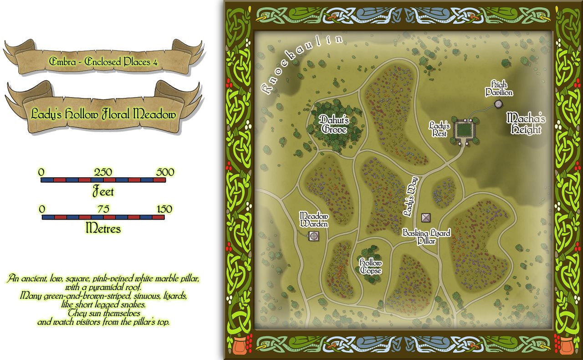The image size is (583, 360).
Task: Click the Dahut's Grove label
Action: (x=333, y=124)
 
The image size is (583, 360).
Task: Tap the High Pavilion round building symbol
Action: (x=498, y=104)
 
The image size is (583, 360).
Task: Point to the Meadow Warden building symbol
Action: (x=313, y=236)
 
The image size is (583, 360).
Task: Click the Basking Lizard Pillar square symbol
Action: (x=426, y=217)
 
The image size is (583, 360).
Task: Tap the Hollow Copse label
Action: (x=370, y=267)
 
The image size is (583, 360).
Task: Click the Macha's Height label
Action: (x=526, y=123)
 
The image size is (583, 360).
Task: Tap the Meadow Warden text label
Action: (x=313, y=219)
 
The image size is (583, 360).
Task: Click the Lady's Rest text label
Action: (x=440, y=129)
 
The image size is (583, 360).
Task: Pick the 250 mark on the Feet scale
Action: (x=103, y=172)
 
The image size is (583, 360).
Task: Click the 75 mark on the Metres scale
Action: (x=103, y=209)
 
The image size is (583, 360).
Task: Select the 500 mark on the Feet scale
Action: (x=165, y=172)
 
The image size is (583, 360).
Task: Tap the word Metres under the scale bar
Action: (x=103, y=228)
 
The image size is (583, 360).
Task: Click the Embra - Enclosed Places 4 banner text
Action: (x=103, y=62)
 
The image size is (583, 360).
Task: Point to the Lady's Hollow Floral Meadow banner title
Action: (x=103, y=114)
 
